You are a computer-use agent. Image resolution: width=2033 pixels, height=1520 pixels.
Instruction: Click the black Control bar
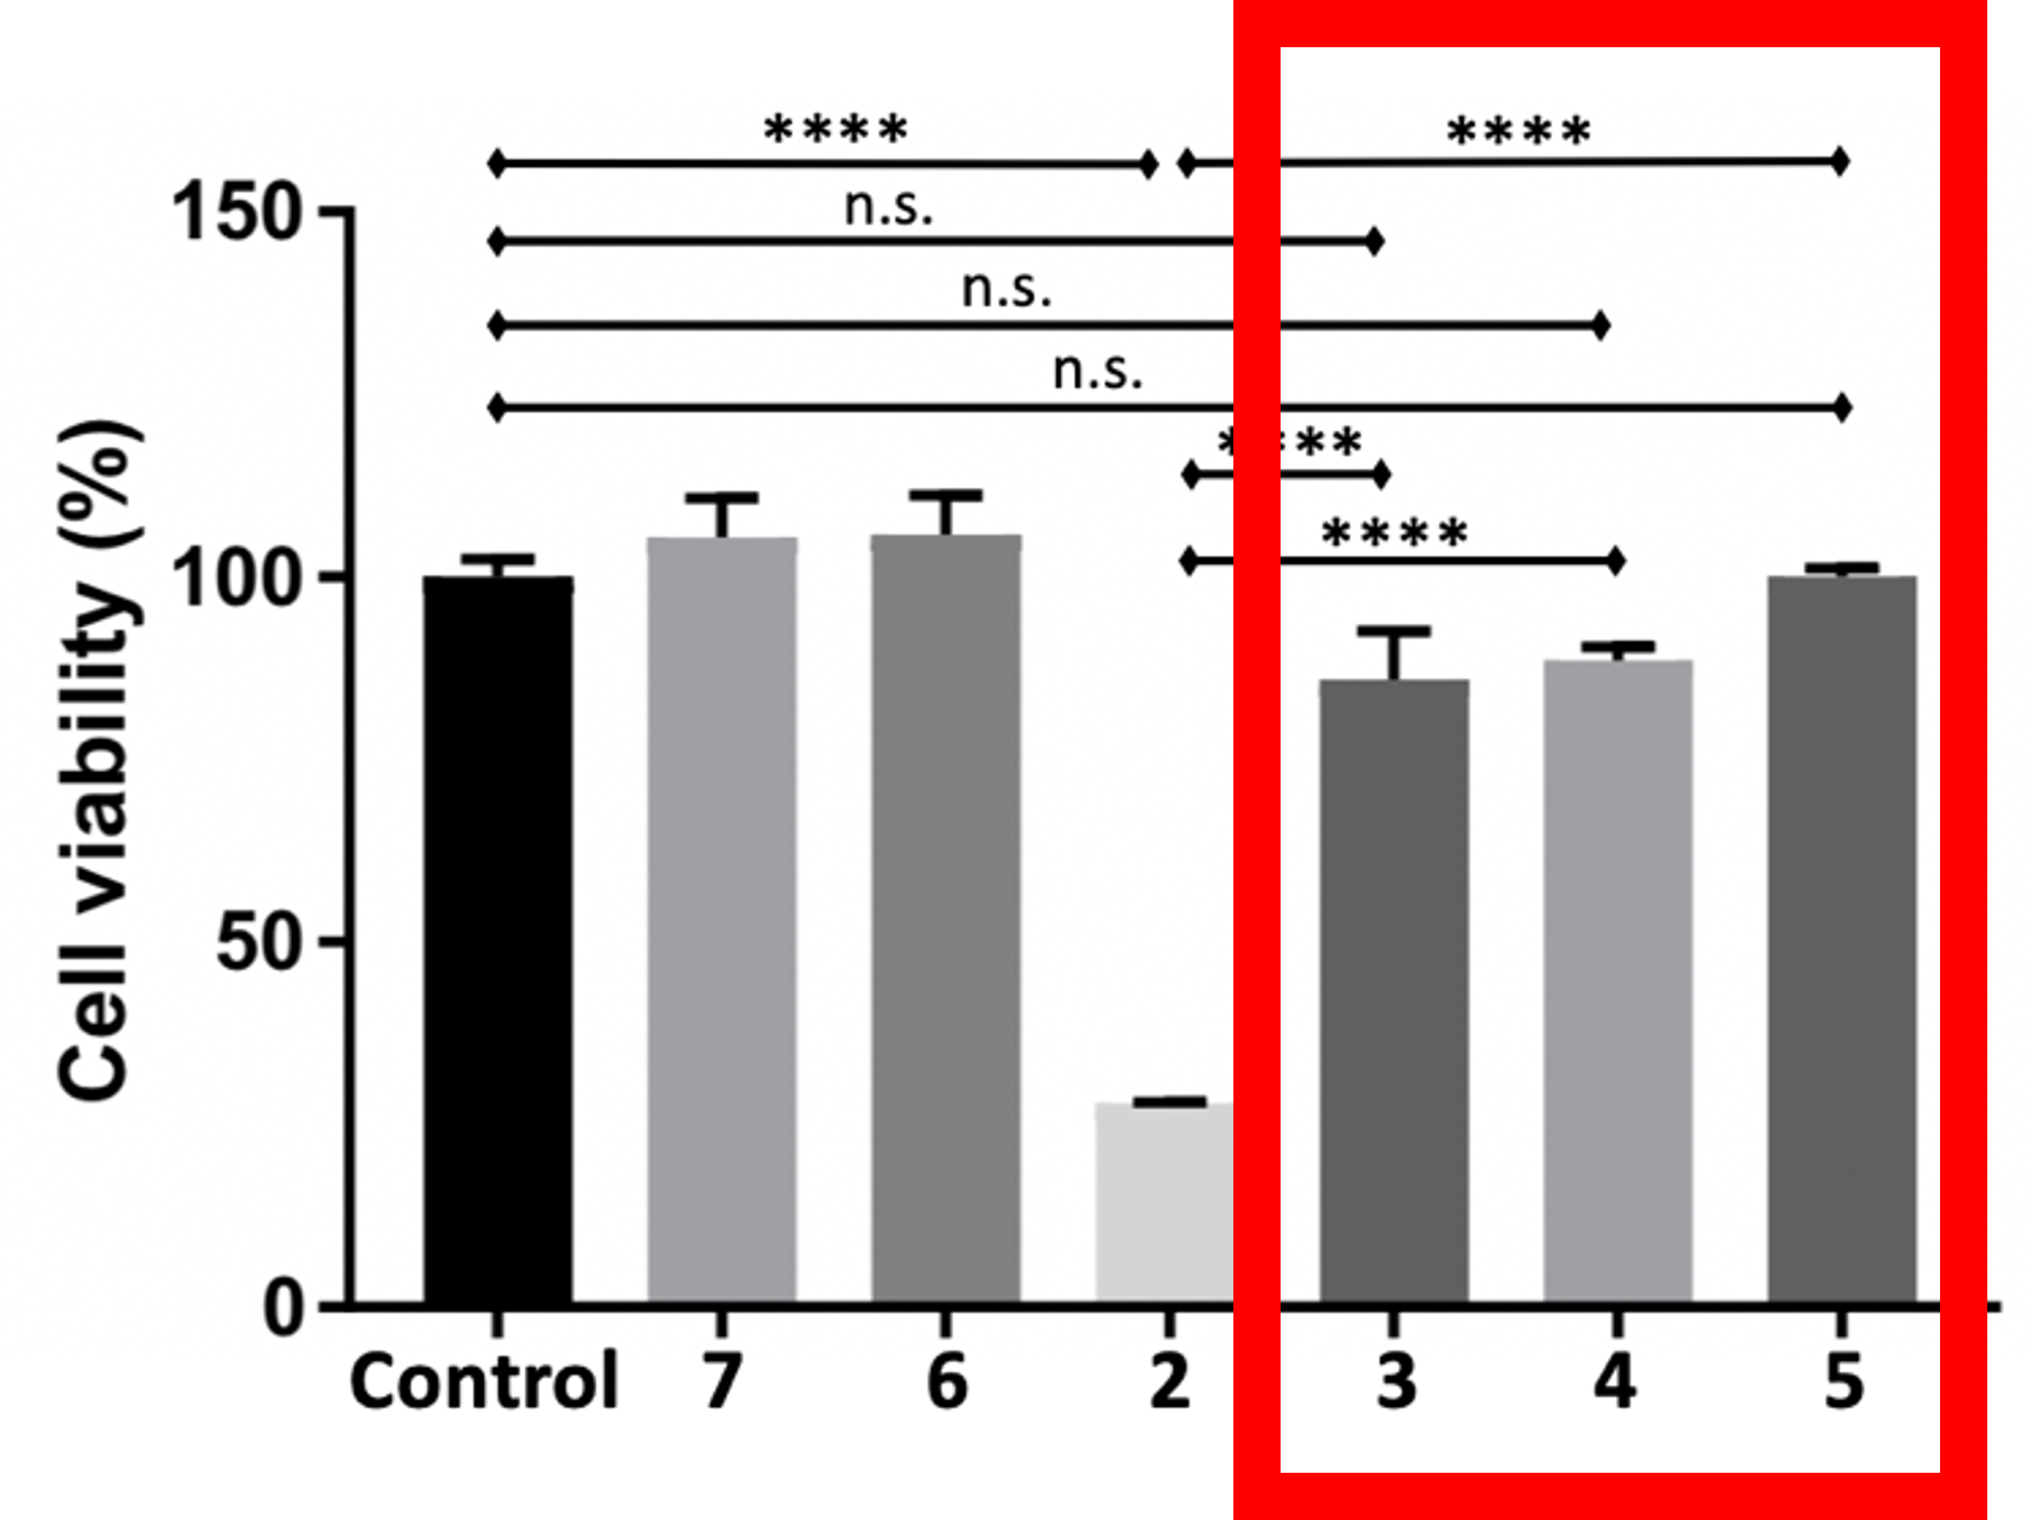(x=498, y=938)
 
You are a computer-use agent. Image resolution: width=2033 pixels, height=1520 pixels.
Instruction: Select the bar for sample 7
(x=722, y=919)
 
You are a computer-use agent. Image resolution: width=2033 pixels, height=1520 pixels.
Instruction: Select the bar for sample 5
(x=1842, y=938)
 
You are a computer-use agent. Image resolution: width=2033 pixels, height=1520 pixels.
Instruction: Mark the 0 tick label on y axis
(x=283, y=1308)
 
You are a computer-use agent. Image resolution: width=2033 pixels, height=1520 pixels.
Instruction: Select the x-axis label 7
(x=722, y=1381)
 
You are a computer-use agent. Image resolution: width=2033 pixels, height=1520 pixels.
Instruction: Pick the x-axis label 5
(x=1843, y=1381)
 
